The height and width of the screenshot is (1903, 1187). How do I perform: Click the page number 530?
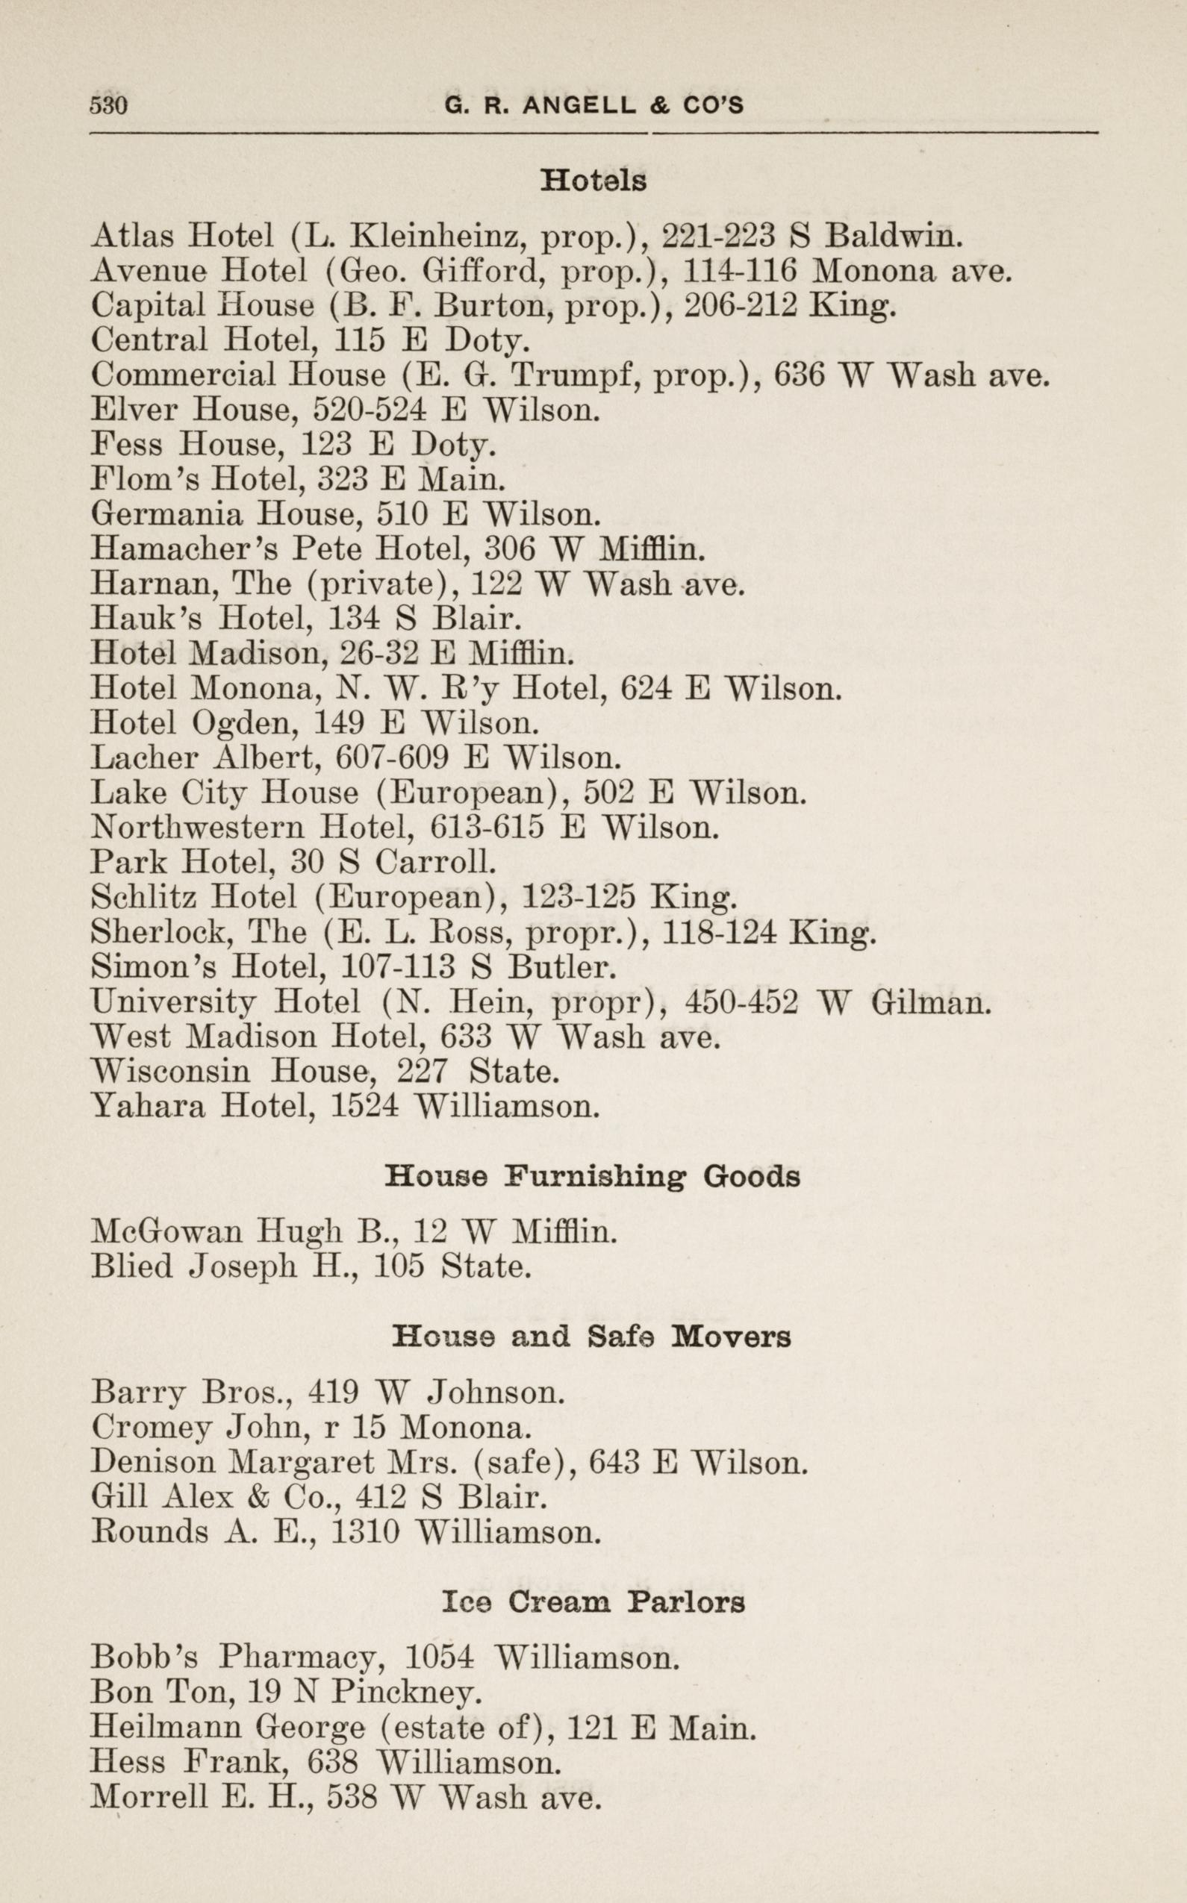(108, 105)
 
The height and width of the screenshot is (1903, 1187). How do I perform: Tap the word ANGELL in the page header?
(579, 105)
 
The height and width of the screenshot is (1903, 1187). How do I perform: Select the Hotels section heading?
(593, 181)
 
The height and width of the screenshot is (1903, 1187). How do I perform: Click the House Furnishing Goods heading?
(593, 1176)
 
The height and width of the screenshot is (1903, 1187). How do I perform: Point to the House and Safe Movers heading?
(591, 1337)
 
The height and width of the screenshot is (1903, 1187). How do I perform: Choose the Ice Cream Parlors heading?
(593, 1602)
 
